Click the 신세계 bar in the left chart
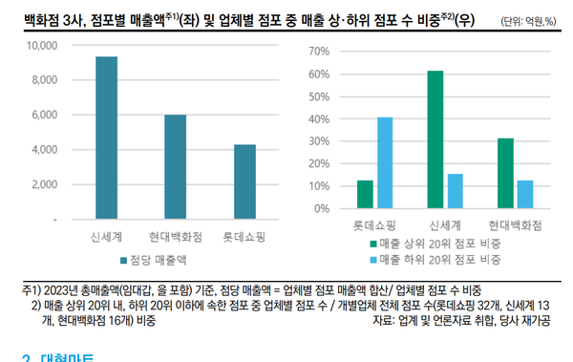coord(106,138)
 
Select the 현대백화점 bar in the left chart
coord(175,167)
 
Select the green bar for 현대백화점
coord(506,173)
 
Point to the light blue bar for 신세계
coord(454,191)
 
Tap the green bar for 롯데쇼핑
coord(365,194)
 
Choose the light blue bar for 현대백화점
coord(525,194)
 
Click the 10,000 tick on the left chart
coord(40,46)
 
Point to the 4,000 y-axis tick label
coord(43,150)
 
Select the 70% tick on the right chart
coord(317,47)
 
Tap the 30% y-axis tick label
coord(317,139)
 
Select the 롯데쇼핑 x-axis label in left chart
coord(244,235)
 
